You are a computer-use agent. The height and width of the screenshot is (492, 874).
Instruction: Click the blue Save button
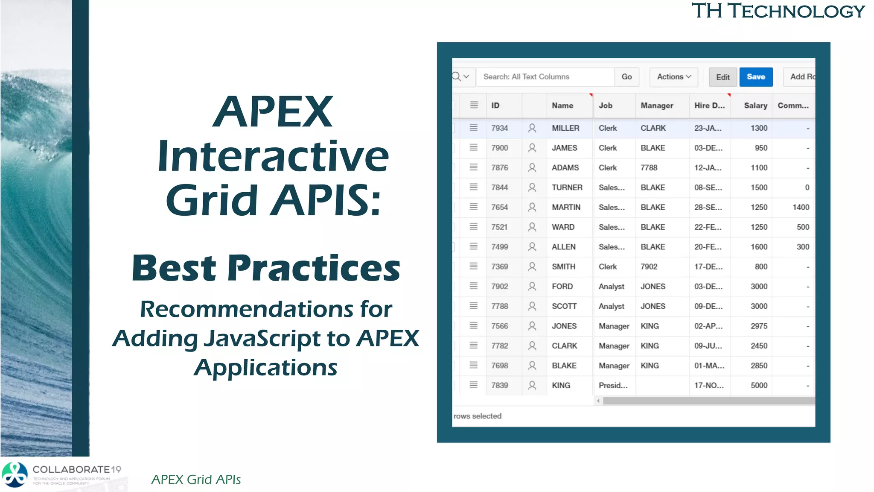point(755,77)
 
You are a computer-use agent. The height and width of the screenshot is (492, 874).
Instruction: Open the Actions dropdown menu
point(673,77)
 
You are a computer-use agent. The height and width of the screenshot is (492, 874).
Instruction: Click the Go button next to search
point(626,77)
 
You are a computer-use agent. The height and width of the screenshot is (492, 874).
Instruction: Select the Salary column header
point(755,105)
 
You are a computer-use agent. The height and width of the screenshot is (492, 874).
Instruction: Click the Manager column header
point(656,105)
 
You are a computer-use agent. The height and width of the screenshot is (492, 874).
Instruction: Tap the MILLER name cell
point(565,128)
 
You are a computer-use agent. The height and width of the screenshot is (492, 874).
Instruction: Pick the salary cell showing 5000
point(759,385)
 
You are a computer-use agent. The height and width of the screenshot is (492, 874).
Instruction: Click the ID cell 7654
point(499,207)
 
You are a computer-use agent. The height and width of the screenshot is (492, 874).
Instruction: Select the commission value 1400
point(800,207)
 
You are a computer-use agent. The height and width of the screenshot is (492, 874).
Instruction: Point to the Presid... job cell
point(613,385)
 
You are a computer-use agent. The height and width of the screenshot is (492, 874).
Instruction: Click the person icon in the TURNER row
point(532,187)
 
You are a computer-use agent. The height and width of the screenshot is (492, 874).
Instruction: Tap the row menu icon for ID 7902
point(473,286)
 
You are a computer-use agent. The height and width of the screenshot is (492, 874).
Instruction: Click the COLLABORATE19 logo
point(62,474)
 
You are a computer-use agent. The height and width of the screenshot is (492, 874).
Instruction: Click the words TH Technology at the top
point(778,11)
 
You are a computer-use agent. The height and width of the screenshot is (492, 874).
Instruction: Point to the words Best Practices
point(266,268)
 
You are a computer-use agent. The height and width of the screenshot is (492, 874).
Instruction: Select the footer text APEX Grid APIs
point(196,480)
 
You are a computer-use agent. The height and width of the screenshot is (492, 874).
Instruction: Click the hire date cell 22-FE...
point(708,227)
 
